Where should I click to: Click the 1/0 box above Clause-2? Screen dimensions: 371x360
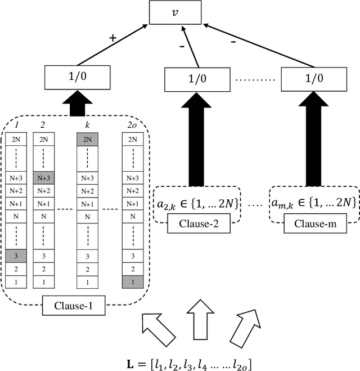(196, 79)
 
